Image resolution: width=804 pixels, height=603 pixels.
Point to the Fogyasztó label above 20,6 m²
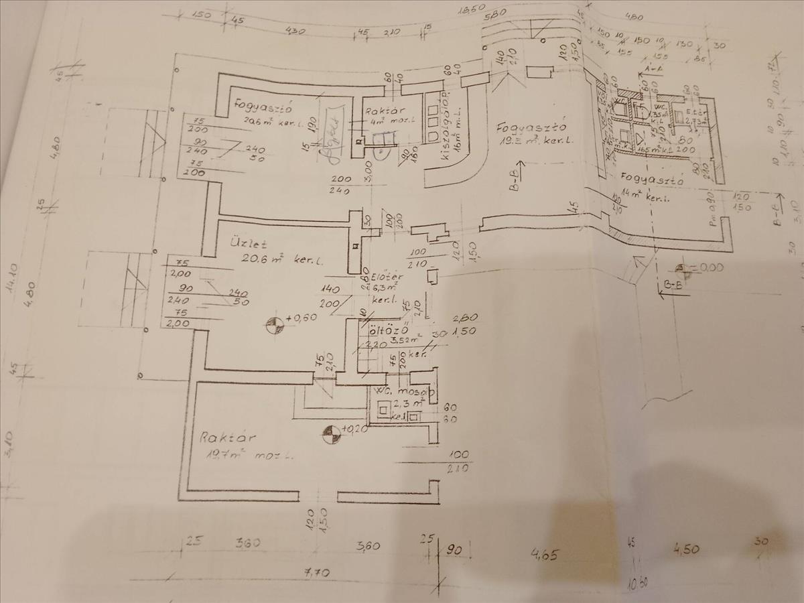click(x=261, y=105)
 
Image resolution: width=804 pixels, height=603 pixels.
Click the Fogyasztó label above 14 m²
click(x=652, y=180)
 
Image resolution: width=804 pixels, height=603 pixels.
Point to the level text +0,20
click(x=354, y=429)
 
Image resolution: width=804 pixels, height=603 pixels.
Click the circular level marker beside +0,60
click(x=273, y=326)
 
